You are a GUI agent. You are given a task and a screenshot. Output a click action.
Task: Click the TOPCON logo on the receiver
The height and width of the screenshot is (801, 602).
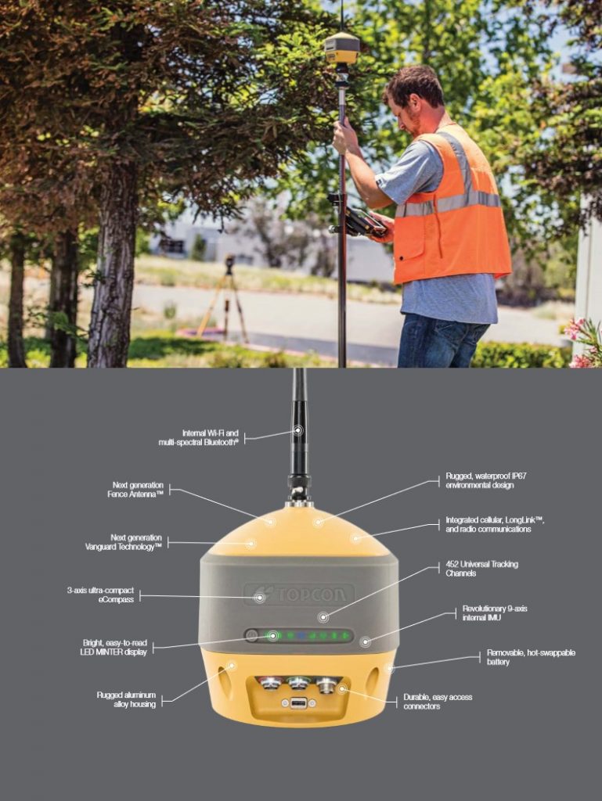coord(299,594)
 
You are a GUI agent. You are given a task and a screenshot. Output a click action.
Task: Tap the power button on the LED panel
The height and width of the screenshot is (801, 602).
coord(251,635)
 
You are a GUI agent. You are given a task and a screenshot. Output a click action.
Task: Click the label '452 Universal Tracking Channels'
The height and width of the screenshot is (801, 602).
coord(481,569)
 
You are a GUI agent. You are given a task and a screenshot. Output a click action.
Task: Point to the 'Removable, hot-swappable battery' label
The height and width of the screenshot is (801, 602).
coord(531,657)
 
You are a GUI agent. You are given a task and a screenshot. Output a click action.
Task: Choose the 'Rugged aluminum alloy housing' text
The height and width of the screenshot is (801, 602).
coord(126,699)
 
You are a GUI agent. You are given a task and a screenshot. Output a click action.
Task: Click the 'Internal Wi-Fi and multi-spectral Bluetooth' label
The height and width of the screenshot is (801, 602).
coord(198,438)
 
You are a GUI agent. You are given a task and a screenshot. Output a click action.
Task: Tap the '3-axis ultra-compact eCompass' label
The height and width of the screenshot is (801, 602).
coord(101,594)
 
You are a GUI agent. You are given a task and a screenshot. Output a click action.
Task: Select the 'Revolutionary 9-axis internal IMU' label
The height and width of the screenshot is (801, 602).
coord(495,613)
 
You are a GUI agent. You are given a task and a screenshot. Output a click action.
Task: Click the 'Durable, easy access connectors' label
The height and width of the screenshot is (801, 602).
coord(438,702)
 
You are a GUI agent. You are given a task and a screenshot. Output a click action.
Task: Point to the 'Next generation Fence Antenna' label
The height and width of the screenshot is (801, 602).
coord(135,490)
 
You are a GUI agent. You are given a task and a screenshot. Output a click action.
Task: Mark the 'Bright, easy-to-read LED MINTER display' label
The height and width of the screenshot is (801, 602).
coord(115,647)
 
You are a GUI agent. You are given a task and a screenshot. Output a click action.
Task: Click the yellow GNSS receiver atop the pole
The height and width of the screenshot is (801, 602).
coord(342,48)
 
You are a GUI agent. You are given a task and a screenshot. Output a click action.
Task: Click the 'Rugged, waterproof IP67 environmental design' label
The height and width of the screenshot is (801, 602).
coord(486,480)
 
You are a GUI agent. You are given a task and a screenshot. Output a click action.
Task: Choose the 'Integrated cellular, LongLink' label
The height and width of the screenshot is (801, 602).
coord(495,524)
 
